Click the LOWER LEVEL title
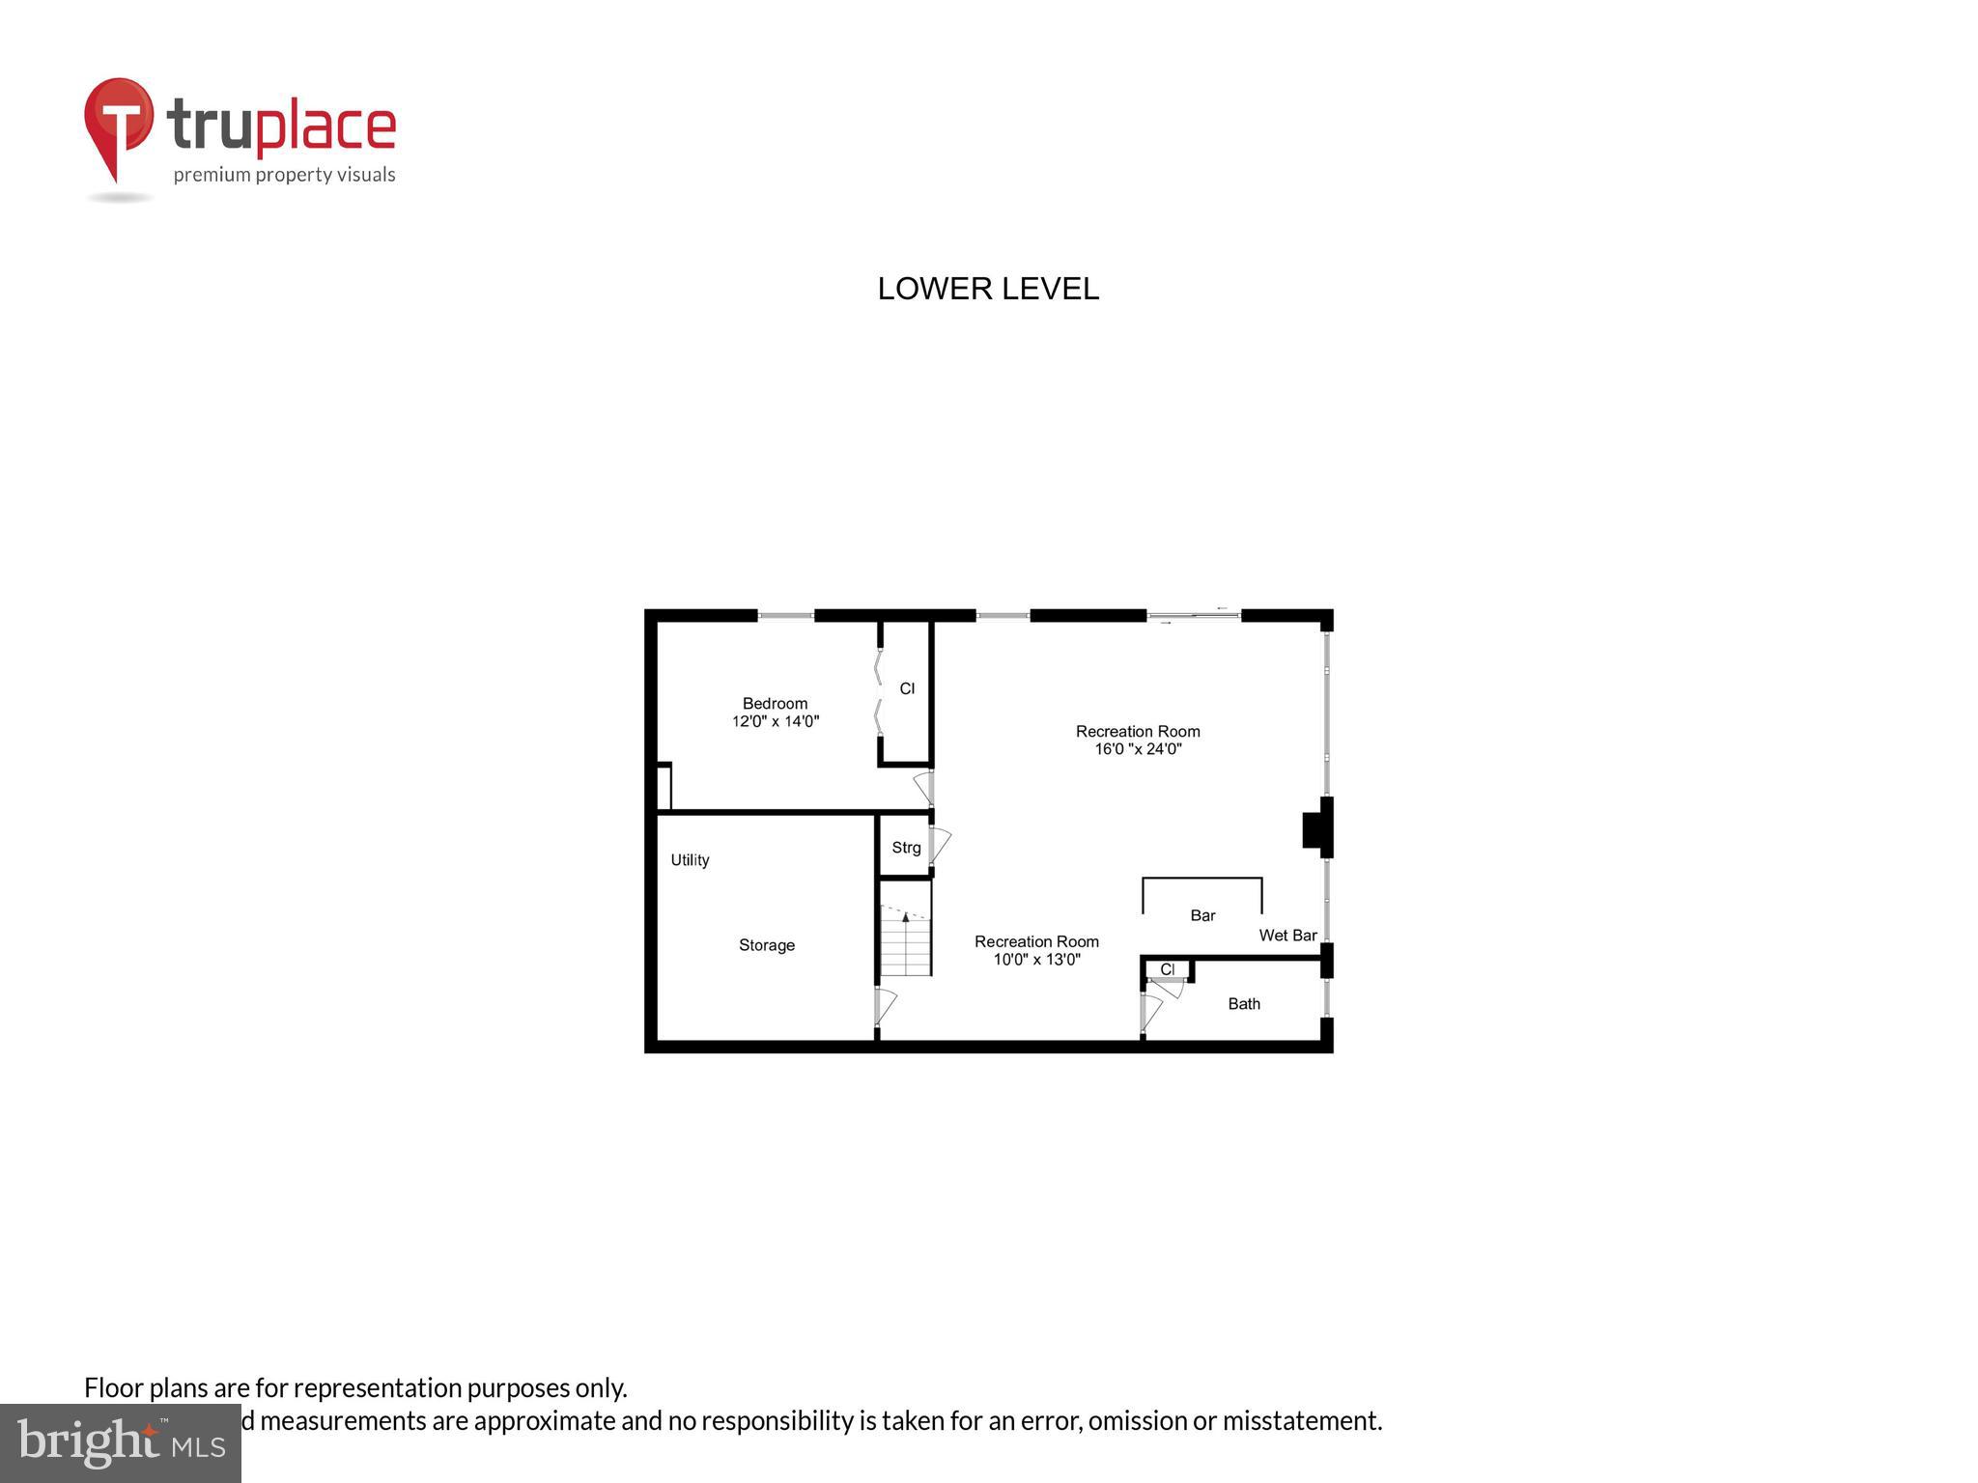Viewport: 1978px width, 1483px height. click(987, 289)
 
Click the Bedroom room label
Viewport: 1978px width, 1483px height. click(775, 703)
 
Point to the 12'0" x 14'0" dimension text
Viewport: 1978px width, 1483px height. click(775, 721)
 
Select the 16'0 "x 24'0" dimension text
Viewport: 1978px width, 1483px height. click(1138, 748)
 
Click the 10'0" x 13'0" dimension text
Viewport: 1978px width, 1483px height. click(1036, 960)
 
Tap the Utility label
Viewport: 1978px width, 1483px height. click(690, 860)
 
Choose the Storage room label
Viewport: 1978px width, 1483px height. click(767, 945)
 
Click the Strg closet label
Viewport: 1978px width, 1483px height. click(906, 848)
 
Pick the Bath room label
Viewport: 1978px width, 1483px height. click(1244, 1004)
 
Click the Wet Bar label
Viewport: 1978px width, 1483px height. click(1287, 936)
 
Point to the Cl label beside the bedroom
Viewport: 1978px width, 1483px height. click(907, 688)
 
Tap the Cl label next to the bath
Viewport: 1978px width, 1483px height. click(1168, 969)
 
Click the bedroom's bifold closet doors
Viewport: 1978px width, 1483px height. click(878, 692)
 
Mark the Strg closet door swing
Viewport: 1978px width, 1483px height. click(940, 845)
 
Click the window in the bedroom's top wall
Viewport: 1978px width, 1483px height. click(785, 615)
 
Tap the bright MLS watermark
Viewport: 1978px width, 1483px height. click(121, 1443)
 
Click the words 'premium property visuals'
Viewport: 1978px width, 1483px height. click(284, 175)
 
